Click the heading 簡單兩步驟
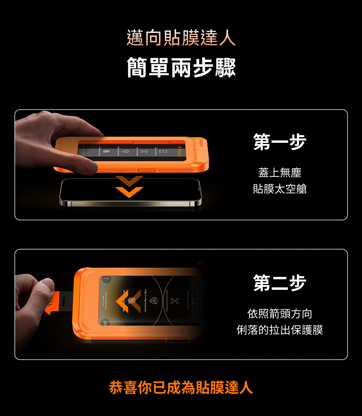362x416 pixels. pyautogui.click(x=181, y=67)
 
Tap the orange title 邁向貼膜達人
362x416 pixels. pyautogui.click(x=181, y=38)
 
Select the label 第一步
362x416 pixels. pyautogui.click(x=279, y=141)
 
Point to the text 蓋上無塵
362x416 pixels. pyautogui.click(x=279, y=173)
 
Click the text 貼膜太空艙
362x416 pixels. pyautogui.click(x=279, y=188)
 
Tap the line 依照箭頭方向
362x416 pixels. pyautogui.click(x=279, y=314)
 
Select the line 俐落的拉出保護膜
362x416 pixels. pyautogui.click(x=279, y=330)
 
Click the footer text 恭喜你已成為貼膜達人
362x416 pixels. pyautogui.click(x=181, y=387)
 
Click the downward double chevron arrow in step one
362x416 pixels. pyautogui.click(x=129, y=187)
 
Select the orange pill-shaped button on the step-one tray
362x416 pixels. pyautogui.click(x=146, y=170)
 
